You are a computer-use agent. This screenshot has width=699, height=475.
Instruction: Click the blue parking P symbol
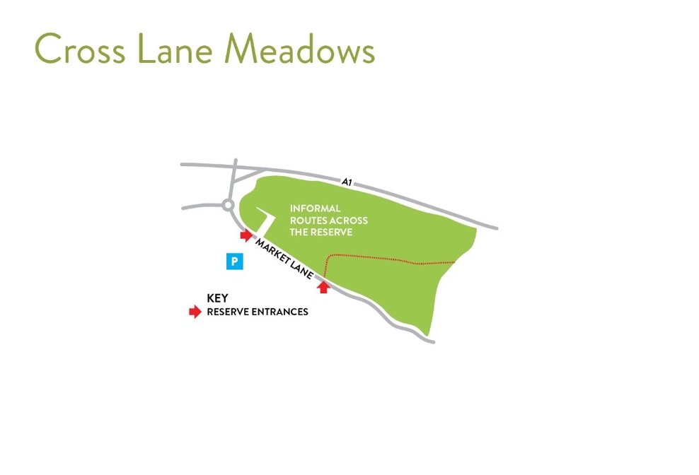[x=235, y=262]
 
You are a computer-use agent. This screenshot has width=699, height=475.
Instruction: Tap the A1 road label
[x=347, y=182]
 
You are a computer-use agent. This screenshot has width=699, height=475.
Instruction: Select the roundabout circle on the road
[x=228, y=206]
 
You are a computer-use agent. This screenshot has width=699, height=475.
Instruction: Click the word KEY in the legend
[x=217, y=298]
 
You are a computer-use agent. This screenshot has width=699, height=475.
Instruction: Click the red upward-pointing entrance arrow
[x=323, y=286]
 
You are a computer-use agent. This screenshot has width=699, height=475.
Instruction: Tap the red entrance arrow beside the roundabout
[x=246, y=235]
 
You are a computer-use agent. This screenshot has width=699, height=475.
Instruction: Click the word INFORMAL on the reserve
[x=316, y=209]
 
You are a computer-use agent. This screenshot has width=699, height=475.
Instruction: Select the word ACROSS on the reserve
[x=349, y=221]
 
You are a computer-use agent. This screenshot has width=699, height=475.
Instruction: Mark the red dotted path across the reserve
[x=389, y=258]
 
